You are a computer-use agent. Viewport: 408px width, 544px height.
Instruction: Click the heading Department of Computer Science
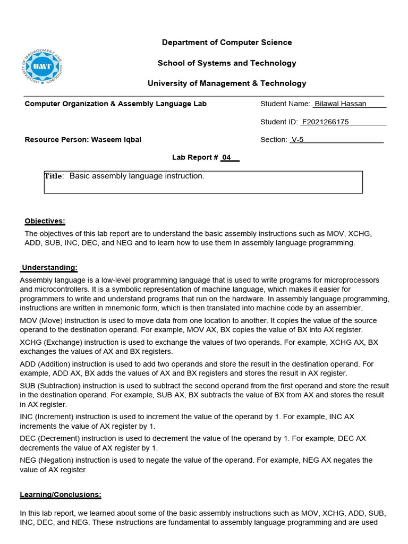(x=227, y=42)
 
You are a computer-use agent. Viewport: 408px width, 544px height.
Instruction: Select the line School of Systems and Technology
(x=227, y=63)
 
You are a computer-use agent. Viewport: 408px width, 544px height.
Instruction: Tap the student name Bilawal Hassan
(x=341, y=104)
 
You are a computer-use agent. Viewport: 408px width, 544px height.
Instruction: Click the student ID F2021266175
(x=325, y=122)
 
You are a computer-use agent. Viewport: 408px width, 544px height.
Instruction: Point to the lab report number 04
(x=227, y=158)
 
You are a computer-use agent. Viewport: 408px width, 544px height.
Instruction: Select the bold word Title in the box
(x=54, y=176)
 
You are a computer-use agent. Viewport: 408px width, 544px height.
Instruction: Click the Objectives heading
(x=45, y=221)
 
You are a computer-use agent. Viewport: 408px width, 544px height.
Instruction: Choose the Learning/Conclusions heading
(x=61, y=495)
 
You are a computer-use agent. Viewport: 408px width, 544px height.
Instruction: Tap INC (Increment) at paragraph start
(x=45, y=417)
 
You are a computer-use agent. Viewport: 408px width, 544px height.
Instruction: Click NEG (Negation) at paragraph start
(x=46, y=460)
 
